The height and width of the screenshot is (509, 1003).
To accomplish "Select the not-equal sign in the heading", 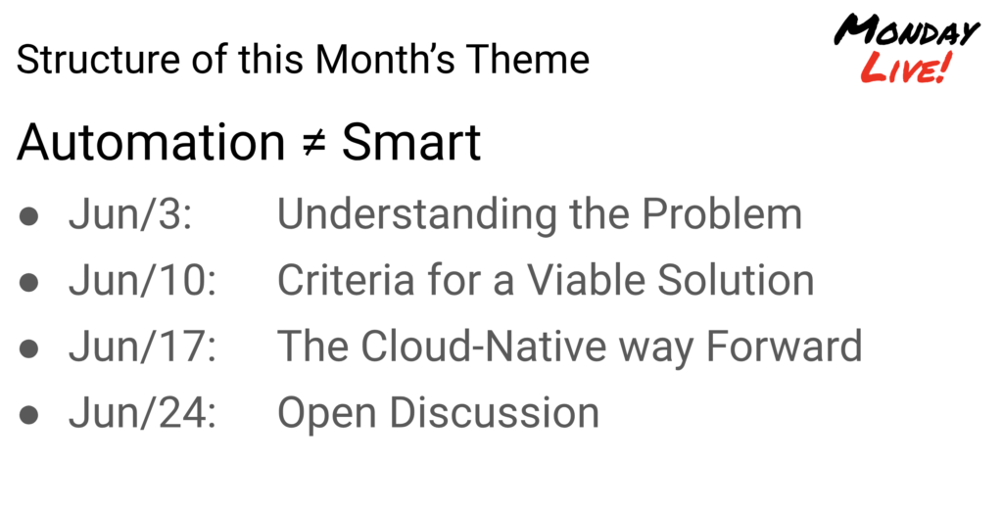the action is point(313,142).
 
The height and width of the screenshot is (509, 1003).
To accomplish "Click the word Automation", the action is point(150,142).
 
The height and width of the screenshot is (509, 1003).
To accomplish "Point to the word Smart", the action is point(410,142).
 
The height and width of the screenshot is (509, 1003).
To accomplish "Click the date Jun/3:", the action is point(130,213).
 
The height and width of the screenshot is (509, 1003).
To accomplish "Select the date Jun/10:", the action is point(143,280).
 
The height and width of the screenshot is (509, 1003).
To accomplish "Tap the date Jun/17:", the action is point(143,346).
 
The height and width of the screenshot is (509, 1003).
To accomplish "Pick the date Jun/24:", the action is point(143,412).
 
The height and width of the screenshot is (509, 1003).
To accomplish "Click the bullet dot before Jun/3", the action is point(28,216).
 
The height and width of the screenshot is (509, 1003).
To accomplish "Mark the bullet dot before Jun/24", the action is point(28,415).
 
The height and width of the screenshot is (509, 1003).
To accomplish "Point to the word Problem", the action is point(722,213).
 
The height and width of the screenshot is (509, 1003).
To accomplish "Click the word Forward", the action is point(785,346).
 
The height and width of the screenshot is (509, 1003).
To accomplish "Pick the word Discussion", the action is point(495,412).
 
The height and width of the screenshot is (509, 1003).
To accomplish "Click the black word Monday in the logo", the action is point(907,30).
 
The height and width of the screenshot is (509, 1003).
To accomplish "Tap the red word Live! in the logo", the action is point(907,68).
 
